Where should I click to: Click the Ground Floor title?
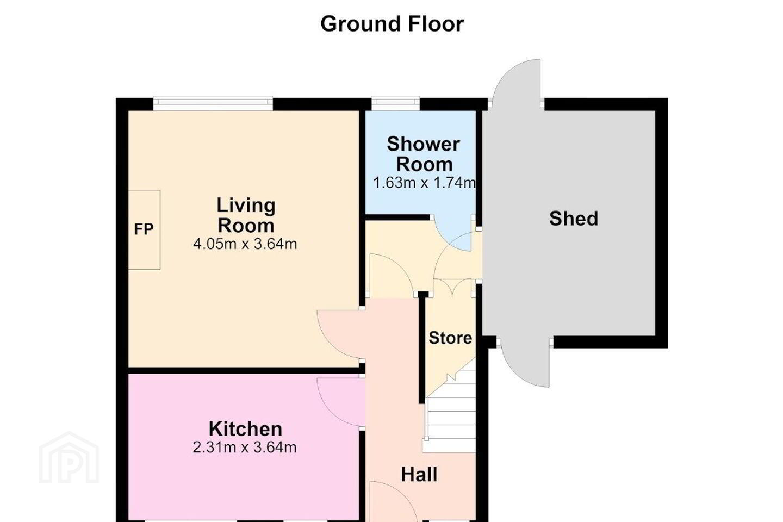[392, 24]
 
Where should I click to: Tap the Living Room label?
[246, 215]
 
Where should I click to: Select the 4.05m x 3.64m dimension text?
[245, 244]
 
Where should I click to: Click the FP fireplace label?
[144, 229]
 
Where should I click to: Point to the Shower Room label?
[423, 154]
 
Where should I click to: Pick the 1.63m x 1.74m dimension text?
[424, 183]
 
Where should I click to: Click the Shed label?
[574, 219]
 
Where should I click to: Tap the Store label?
[450, 338]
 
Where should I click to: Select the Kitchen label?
[245, 429]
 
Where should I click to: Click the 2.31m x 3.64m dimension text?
[245, 448]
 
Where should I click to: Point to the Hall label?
[419, 475]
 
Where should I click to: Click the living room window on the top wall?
[213, 103]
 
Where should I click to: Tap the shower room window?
[396, 103]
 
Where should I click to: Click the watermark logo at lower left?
[69, 458]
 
